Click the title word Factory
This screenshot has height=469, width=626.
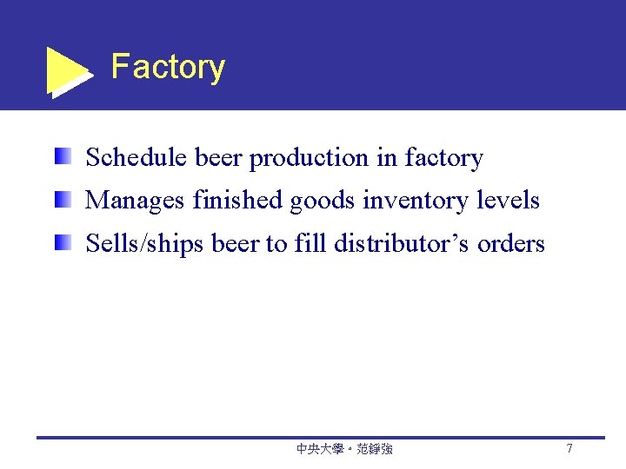tap(168, 67)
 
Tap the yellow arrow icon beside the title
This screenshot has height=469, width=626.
tap(66, 71)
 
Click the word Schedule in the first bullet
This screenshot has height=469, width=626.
tap(137, 157)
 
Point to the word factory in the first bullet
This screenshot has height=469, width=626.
tap(443, 158)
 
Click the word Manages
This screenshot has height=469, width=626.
tap(135, 201)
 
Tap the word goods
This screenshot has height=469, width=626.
tap(323, 201)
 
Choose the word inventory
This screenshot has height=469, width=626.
tap(417, 201)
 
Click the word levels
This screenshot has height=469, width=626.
tap(509, 201)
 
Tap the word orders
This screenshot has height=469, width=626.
tap(511, 244)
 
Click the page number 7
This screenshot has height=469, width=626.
tap(569, 449)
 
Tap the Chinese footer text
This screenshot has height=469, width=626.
tap(344, 449)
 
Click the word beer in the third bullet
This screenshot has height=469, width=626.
tap(235, 244)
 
